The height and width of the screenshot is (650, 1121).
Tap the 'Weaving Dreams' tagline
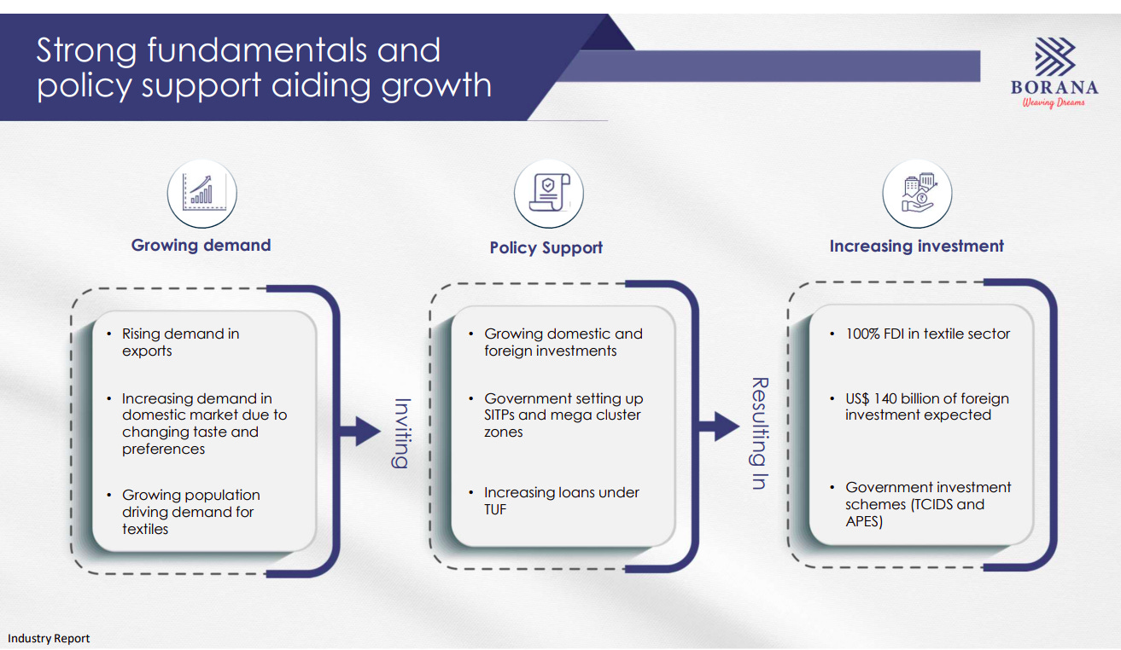1054,102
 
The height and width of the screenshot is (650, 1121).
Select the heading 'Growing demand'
201,245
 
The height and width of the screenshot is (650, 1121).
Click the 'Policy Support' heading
546,247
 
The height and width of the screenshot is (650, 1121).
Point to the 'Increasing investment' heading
916,246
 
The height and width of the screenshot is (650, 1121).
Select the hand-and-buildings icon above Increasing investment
916,194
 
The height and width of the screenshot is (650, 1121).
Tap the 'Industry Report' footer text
49,638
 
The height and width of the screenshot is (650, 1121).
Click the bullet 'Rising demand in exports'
180,342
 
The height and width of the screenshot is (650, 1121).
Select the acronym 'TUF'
495,509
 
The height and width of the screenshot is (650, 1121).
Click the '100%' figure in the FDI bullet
864,334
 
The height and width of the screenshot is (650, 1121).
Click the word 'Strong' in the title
86,51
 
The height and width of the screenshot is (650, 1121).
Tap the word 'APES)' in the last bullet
864,521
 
